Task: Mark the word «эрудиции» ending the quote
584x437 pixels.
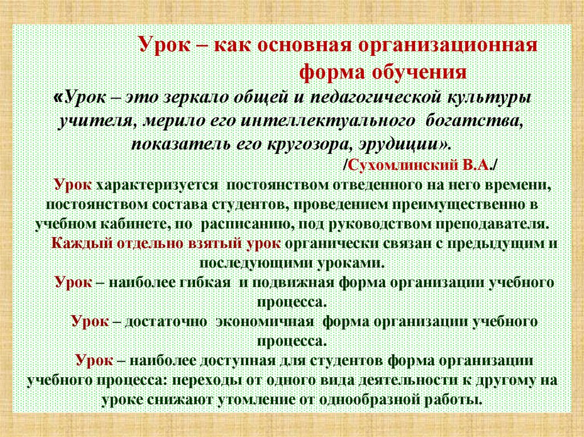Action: tap(399, 142)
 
